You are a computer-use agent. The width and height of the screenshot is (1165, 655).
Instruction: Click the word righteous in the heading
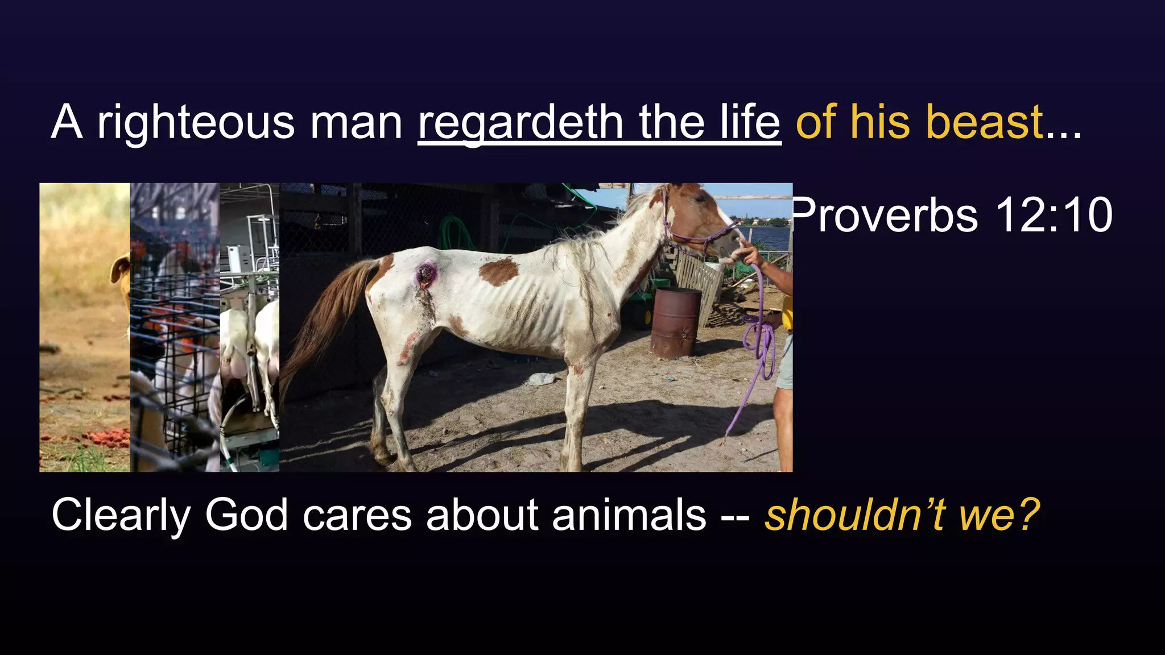pos(196,122)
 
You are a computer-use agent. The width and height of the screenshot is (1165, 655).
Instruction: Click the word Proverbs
pos(885,215)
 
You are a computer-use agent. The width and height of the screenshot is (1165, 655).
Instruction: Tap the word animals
pos(629,515)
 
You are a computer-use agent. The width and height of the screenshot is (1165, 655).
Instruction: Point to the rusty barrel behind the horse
pos(676,321)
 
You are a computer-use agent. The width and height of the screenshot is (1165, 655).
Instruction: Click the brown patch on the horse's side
pos(498,271)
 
